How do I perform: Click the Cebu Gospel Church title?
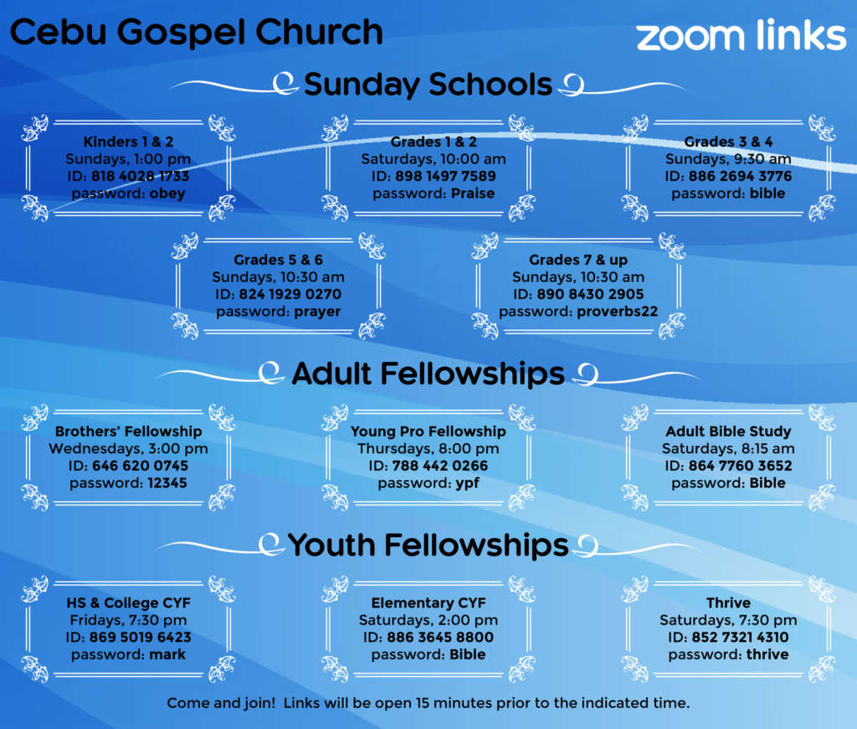click(x=196, y=33)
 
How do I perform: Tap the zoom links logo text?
click(x=742, y=35)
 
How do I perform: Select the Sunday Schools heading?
click(x=428, y=85)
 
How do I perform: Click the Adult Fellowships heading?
click(x=428, y=374)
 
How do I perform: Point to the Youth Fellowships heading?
click(x=428, y=545)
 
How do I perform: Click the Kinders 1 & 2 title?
click(x=128, y=142)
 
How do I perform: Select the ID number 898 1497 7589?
click(x=445, y=176)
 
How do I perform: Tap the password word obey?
click(x=167, y=194)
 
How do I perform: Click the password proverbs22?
click(x=618, y=312)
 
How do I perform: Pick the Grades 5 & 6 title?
click(x=278, y=260)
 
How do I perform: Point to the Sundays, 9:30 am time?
click(x=728, y=159)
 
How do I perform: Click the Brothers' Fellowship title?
click(x=128, y=432)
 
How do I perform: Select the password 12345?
click(x=167, y=483)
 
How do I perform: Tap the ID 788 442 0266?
click(x=440, y=466)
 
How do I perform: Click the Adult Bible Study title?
click(x=728, y=432)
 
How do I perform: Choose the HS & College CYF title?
click(x=128, y=603)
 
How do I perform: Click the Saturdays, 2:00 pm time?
click(x=428, y=620)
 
